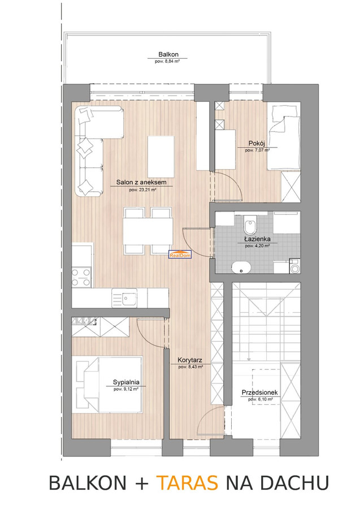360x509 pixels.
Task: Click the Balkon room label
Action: coord(168,54)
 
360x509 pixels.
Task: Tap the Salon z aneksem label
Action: coord(141,183)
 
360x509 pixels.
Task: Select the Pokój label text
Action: coord(257,143)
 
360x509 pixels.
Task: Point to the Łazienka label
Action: coord(258,239)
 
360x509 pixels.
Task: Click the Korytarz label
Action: coord(190,360)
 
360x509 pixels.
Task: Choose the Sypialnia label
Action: coord(126,382)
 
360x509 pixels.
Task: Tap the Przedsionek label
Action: coord(260,393)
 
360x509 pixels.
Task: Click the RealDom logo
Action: coord(181,255)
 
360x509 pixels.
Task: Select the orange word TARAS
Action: coord(187,482)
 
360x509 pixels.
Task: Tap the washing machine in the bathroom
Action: coord(295,267)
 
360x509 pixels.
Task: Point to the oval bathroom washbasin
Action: coord(241,268)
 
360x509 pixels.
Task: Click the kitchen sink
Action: coord(124,297)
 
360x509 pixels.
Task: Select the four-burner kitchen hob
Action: coord(81,277)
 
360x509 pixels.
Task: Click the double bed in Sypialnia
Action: coord(110,385)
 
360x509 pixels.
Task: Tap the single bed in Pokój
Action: coord(283,137)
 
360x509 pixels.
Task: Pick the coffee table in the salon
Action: coord(161,157)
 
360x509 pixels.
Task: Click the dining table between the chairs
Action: coord(148,231)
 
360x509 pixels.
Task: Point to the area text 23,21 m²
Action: coord(143,190)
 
